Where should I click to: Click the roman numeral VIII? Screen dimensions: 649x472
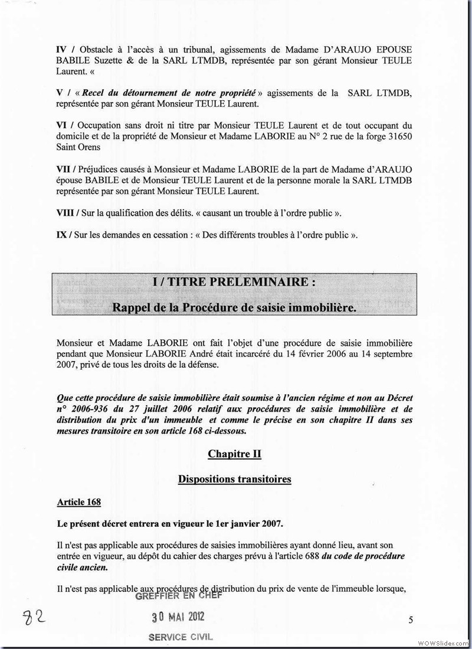[66, 213]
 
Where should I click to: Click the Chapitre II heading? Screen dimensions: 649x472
[234, 454]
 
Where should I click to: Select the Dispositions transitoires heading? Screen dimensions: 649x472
[234, 479]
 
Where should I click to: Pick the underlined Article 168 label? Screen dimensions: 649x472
[78, 502]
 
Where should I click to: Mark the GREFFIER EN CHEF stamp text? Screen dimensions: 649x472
[178, 595]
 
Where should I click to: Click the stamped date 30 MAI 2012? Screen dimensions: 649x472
[178, 617]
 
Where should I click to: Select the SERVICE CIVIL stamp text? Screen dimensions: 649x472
[180, 637]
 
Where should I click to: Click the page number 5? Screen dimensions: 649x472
[411, 619]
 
